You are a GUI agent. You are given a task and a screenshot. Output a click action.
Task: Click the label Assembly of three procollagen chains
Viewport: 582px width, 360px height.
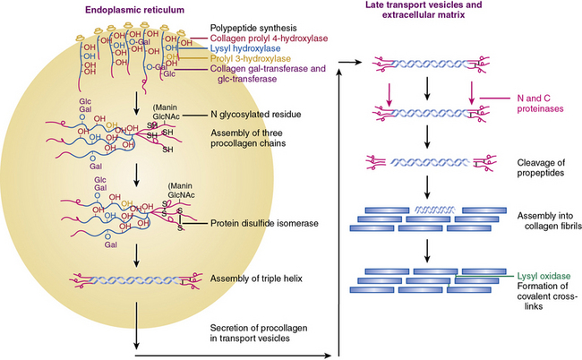tap(253, 138)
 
